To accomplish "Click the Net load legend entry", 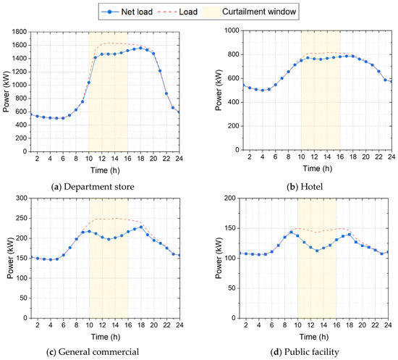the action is (127, 12).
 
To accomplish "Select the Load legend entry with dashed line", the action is (177, 12).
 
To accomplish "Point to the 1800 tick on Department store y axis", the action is (20, 32).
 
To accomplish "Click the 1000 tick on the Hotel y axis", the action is (232, 30).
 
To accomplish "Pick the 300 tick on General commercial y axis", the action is (22, 198).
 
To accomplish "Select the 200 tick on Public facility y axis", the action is (230, 198).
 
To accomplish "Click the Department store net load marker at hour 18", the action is (140, 48).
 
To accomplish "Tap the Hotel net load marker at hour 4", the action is (263, 91).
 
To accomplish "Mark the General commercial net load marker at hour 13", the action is (109, 239).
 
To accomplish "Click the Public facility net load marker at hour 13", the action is (317, 251).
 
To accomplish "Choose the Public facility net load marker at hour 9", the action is (291, 233).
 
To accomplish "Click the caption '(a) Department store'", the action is (93, 187).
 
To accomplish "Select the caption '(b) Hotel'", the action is (305, 187).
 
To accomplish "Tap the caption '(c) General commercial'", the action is (93, 352).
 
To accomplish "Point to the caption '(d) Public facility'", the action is (305, 352).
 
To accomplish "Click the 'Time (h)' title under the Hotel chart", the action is (318, 169).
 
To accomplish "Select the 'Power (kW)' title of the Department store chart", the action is (6, 92).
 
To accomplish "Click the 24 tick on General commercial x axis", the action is (179, 325).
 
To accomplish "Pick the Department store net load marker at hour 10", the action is (89, 83).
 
